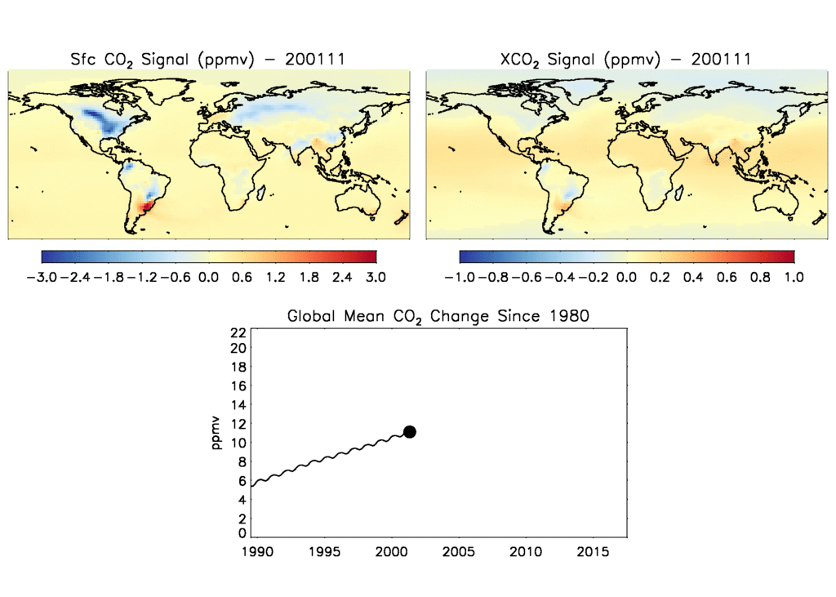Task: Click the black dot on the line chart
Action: [x=410, y=431]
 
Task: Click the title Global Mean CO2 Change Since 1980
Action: [x=437, y=316]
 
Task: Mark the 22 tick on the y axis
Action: [x=238, y=332]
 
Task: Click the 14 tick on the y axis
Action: [x=238, y=405]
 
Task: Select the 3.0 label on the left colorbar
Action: [x=376, y=277]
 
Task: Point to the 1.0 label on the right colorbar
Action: [x=794, y=277]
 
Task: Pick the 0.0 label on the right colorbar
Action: [x=626, y=277]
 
